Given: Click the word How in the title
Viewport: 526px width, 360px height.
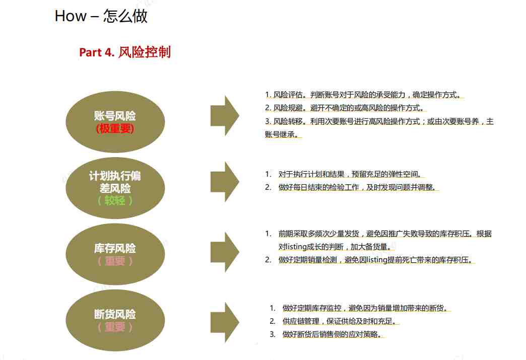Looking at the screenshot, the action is click(71, 16).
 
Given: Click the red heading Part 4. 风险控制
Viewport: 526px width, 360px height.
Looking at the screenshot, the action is click(125, 52).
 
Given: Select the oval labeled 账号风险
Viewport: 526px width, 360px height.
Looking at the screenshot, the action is click(115, 122).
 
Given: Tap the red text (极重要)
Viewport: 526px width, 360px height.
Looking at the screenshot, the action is click(115, 128).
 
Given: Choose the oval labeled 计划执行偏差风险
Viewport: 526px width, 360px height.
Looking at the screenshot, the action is click(115, 188).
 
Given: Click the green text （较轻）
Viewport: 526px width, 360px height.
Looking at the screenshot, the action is click(115, 200).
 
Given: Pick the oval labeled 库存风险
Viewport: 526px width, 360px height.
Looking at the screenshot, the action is click(115, 254).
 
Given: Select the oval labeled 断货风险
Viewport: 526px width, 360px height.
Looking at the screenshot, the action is click(115, 320).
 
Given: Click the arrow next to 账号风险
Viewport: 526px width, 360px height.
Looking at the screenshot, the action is click(225, 116).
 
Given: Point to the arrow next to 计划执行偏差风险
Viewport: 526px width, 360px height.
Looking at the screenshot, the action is click(225, 182).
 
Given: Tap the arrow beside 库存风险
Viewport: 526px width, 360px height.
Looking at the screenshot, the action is click(225, 252).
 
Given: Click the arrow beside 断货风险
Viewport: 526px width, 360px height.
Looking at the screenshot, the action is click(225, 322).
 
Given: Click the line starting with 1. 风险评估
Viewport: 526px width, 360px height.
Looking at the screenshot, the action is click(364, 95).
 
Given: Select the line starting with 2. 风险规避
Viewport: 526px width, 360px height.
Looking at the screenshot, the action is click(346, 108).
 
